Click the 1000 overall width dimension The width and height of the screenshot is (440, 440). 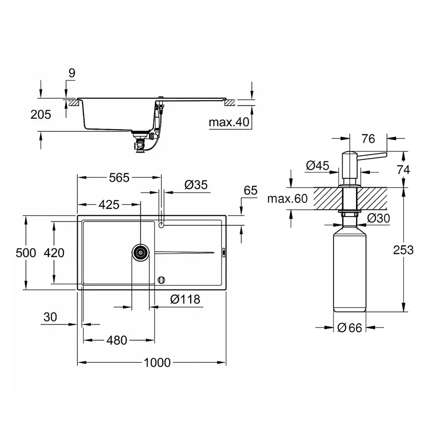(x=157, y=362)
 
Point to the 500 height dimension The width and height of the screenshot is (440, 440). (x=26, y=253)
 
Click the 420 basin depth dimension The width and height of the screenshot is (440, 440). (x=54, y=253)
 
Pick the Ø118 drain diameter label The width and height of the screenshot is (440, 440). (x=185, y=299)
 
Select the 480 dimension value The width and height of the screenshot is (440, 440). (x=117, y=340)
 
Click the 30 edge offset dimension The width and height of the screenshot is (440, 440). (x=50, y=317)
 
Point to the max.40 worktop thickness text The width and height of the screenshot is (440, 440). (x=229, y=122)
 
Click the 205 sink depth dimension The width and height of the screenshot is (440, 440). (x=41, y=115)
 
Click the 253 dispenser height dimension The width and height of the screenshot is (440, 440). (x=403, y=250)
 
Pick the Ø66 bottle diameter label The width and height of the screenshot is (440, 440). (x=350, y=328)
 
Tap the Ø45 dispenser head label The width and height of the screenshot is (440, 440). (x=317, y=166)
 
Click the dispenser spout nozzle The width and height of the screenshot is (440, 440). (x=376, y=155)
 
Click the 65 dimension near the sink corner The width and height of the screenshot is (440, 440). (x=250, y=191)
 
